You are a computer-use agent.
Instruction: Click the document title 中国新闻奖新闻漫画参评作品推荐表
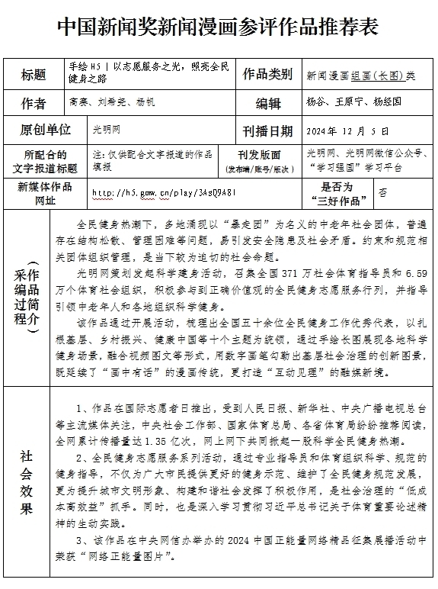219,28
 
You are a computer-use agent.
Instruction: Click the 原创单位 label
46,130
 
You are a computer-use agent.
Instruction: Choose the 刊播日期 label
267,130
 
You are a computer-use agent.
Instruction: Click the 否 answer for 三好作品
382,193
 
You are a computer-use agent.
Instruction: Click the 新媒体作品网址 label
46,193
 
